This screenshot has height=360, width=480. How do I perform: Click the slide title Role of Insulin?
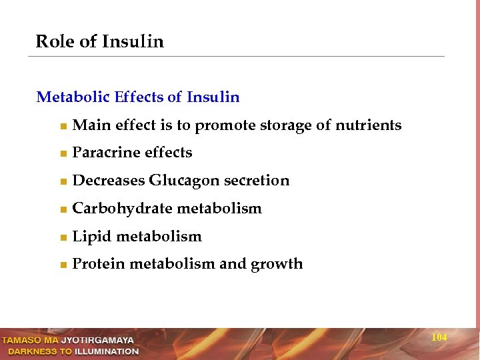coord(99,41)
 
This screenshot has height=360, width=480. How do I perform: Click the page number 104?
coord(439,337)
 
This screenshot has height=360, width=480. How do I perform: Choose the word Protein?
coord(98,264)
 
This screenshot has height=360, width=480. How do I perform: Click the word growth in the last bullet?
coord(277,265)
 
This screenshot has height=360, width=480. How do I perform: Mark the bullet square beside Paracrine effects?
coord(62,154)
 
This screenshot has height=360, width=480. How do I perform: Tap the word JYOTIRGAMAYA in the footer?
coord(97,341)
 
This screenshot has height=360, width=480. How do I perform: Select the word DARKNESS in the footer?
coord(33,351)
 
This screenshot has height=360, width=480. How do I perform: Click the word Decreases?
coord(108,181)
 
